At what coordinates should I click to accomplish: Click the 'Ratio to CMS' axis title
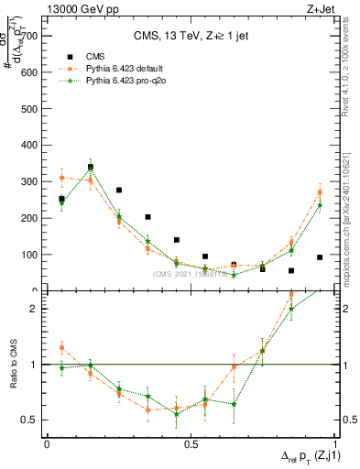coord(12,364)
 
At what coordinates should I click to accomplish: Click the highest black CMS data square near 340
coord(91,167)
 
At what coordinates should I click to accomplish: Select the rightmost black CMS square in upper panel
coord(320,257)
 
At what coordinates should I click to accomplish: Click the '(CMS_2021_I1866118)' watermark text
coord(192,274)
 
